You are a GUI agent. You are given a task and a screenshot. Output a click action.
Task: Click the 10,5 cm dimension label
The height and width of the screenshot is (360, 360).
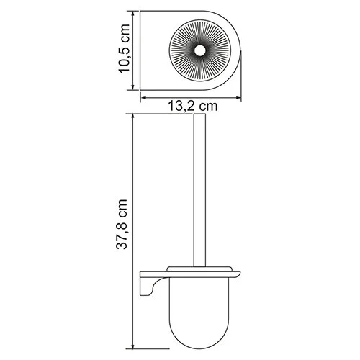point(127,50)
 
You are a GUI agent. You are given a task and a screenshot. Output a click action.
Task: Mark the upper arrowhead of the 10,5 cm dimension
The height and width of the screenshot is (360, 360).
point(136,12)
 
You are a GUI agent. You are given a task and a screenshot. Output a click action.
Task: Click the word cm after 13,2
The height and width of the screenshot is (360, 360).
point(207,107)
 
